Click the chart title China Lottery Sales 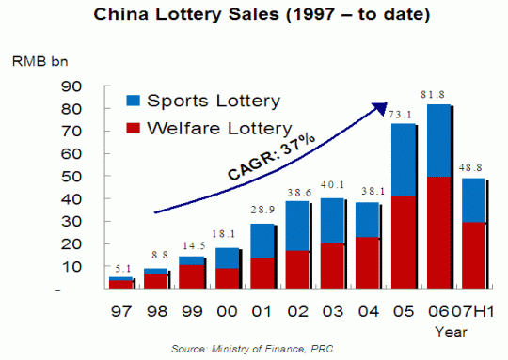click(x=254, y=15)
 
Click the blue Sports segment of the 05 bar click(x=404, y=160)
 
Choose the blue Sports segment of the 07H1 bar click(x=473, y=199)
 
